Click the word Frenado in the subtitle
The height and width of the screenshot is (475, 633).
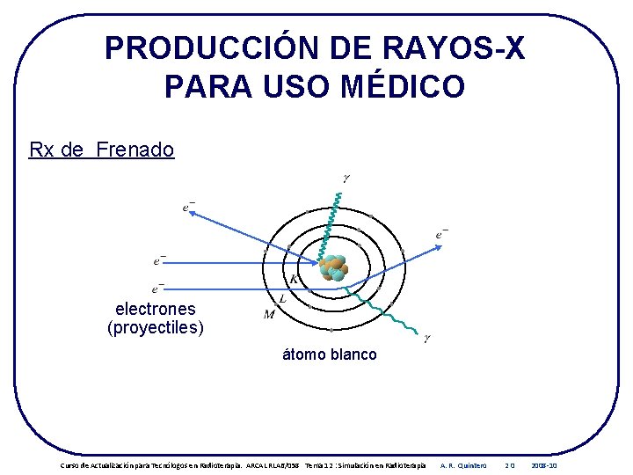pyautogui.click(x=135, y=150)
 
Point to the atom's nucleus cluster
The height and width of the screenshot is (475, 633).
pyautogui.click(x=334, y=267)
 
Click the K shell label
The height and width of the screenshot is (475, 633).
pyautogui.click(x=294, y=280)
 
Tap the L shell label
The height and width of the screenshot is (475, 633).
pyautogui.click(x=282, y=298)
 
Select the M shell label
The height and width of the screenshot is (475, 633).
pyautogui.click(x=270, y=315)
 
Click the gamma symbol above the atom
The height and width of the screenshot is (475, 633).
pyautogui.click(x=346, y=179)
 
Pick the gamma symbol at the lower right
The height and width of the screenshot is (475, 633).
pyautogui.click(x=427, y=337)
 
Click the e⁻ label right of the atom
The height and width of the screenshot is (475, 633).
pyautogui.click(x=441, y=234)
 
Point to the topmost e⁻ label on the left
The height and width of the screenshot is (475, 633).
pyautogui.click(x=188, y=208)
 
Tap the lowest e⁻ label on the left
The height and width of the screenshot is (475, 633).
pyautogui.click(x=158, y=289)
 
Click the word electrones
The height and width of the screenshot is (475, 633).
pyautogui.click(x=156, y=309)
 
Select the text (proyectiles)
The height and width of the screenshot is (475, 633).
pyautogui.click(x=156, y=328)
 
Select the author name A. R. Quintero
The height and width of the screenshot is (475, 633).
pyautogui.click(x=463, y=464)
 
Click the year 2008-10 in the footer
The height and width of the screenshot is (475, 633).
pyautogui.click(x=544, y=464)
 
